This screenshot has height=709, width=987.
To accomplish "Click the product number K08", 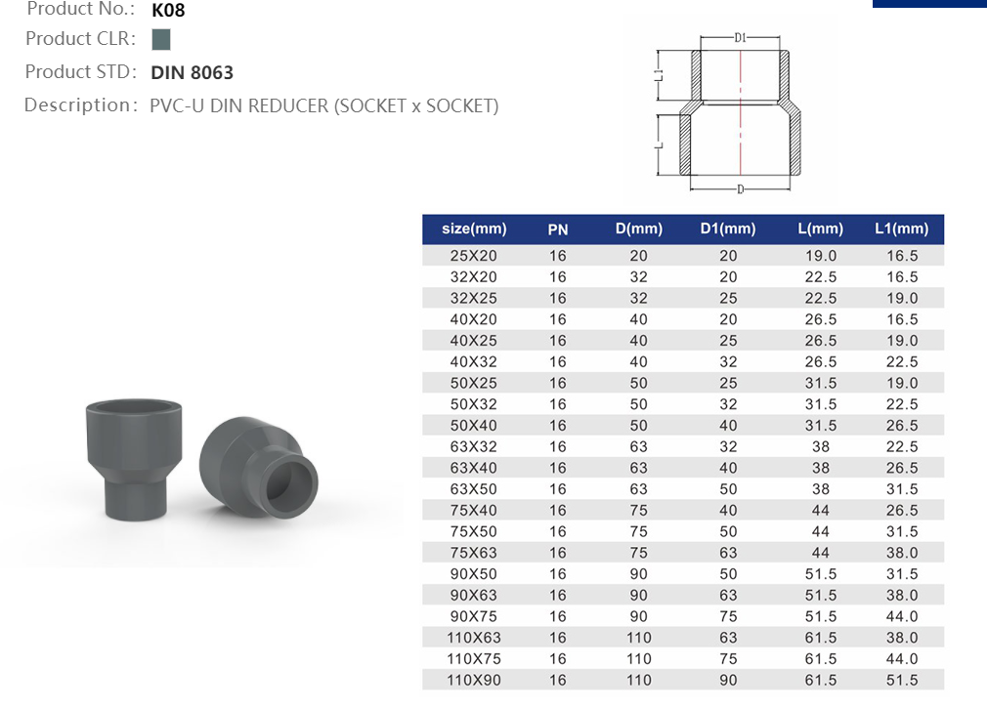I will click(x=168, y=11).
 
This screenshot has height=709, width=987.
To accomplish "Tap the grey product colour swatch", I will click(x=161, y=40).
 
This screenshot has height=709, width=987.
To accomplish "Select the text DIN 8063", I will click(x=193, y=72).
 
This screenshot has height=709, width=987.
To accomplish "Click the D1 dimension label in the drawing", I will click(x=740, y=38).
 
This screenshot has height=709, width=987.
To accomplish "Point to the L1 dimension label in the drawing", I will click(x=660, y=74).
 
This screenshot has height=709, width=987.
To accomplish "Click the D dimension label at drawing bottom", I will click(x=740, y=188).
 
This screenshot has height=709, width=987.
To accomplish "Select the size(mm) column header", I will click(x=474, y=229).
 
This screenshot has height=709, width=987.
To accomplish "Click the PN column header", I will click(x=557, y=229).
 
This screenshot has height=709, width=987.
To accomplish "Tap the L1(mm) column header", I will click(x=900, y=229).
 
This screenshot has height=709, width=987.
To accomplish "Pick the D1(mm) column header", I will click(x=728, y=229).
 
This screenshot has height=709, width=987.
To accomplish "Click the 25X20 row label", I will click(x=474, y=256).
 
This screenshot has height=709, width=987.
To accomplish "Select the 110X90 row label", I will click(x=474, y=681).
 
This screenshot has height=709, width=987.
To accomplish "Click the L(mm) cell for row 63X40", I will click(x=820, y=468).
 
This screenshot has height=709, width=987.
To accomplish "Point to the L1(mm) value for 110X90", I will click(x=900, y=681).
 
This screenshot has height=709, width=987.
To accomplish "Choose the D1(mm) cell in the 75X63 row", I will click(x=728, y=553).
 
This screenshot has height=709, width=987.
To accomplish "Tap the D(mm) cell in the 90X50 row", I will click(x=638, y=574).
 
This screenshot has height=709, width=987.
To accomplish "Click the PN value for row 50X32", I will click(x=557, y=404).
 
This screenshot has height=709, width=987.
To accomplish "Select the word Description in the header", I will click(x=76, y=105).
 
